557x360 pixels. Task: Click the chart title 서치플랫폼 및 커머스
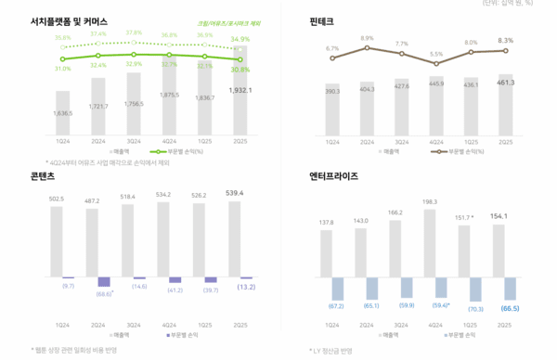pos(68,19)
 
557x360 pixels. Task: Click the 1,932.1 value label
pos(240,90)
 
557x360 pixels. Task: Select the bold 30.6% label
pos(240,71)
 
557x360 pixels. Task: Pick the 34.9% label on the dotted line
pos(240,39)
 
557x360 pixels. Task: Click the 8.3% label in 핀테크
pos(505,40)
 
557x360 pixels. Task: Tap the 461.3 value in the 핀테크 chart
pos(505,83)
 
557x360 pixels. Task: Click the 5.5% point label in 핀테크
pos(436,55)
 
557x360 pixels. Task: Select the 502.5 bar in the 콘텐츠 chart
pos(57,240)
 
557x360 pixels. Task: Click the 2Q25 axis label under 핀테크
pos(505,143)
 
